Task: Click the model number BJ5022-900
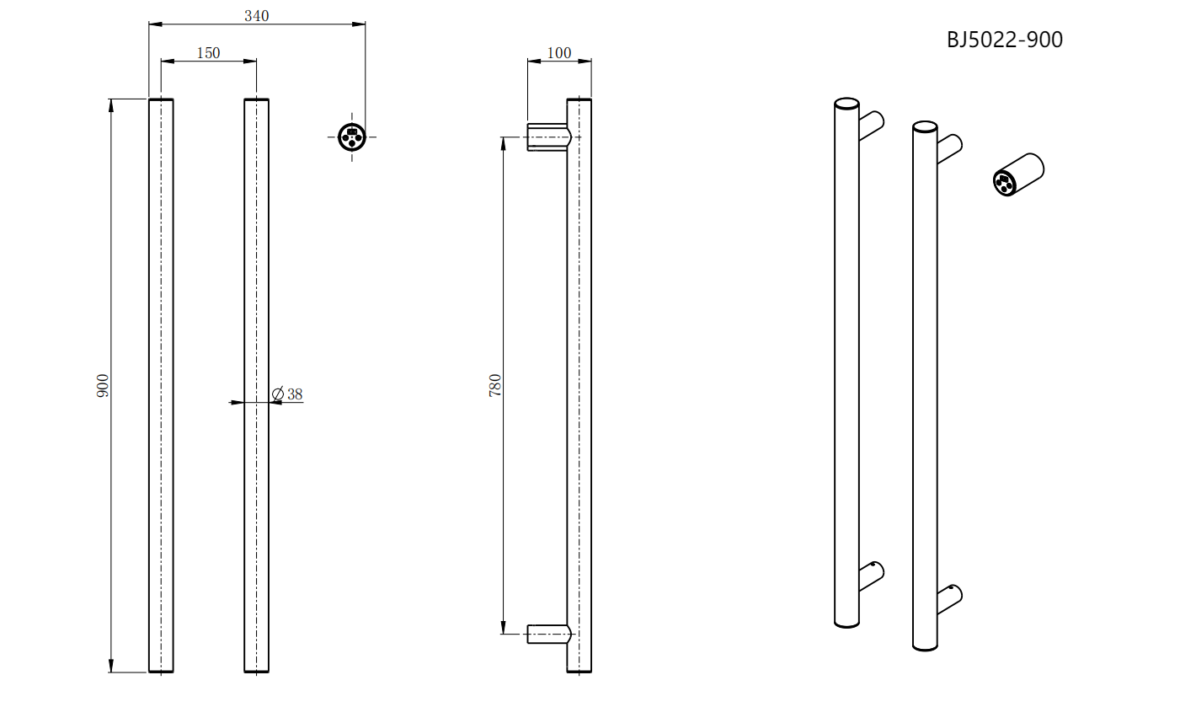pyautogui.click(x=1005, y=40)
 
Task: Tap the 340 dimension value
pyautogui.click(x=257, y=16)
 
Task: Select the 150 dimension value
pyautogui.click(x=208, y=53)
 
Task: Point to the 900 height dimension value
pyautogui.click(x=103, y=385)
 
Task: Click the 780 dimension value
pyautogui.click(x=495, y=385)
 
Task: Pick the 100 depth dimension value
pyautogui.click(x=559, y=53)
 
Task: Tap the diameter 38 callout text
pyautogui.click(x=287, y=394)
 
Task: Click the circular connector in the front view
pyautogui.click(x=352, y=137)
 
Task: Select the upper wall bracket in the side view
pyautogui.click(x=549, y=137)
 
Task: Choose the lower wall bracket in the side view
pyautogui.click(x=549, y=634)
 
